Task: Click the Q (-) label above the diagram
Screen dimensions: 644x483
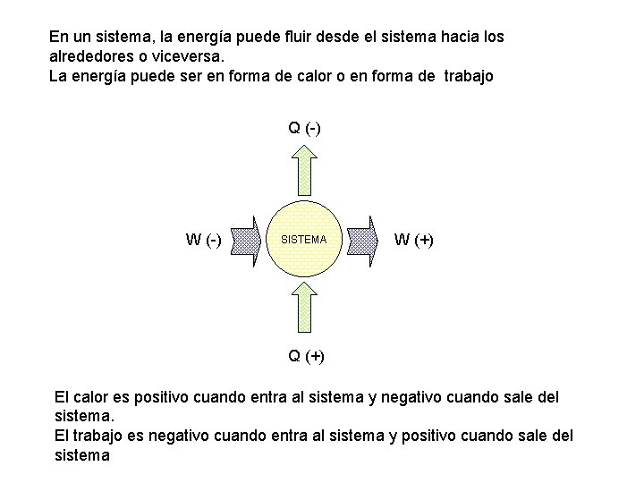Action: coord(305,128)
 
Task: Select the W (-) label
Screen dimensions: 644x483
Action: coord(204,240)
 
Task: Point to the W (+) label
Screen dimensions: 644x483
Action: coord(413,240)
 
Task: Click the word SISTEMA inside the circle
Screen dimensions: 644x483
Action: coord(304,241)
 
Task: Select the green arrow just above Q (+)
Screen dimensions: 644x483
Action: coord(305,308)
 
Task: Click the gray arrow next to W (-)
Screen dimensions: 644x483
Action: coord(245,240)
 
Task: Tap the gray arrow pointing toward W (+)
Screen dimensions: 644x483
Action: coord(363,240)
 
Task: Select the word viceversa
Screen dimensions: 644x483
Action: coord(183,57)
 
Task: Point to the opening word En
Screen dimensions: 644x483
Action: coord(58,38)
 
